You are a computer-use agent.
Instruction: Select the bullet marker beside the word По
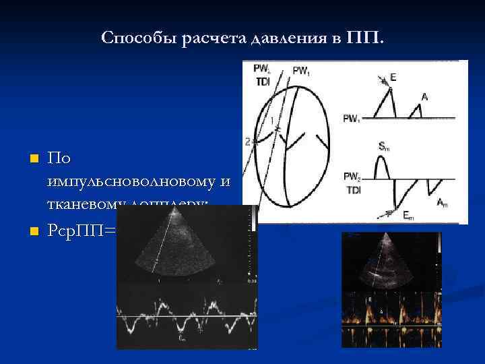(32, 159)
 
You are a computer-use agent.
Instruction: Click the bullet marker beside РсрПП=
(32, 231)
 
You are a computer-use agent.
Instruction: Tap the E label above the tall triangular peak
(393, 77)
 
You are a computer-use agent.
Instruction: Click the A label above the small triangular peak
(424, 97)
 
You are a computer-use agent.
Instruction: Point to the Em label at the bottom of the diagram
(409, 215)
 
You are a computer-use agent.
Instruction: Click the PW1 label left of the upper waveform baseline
(351, 119)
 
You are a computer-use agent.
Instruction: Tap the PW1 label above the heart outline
(301, 70)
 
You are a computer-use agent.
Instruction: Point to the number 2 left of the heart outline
(248, 142)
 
